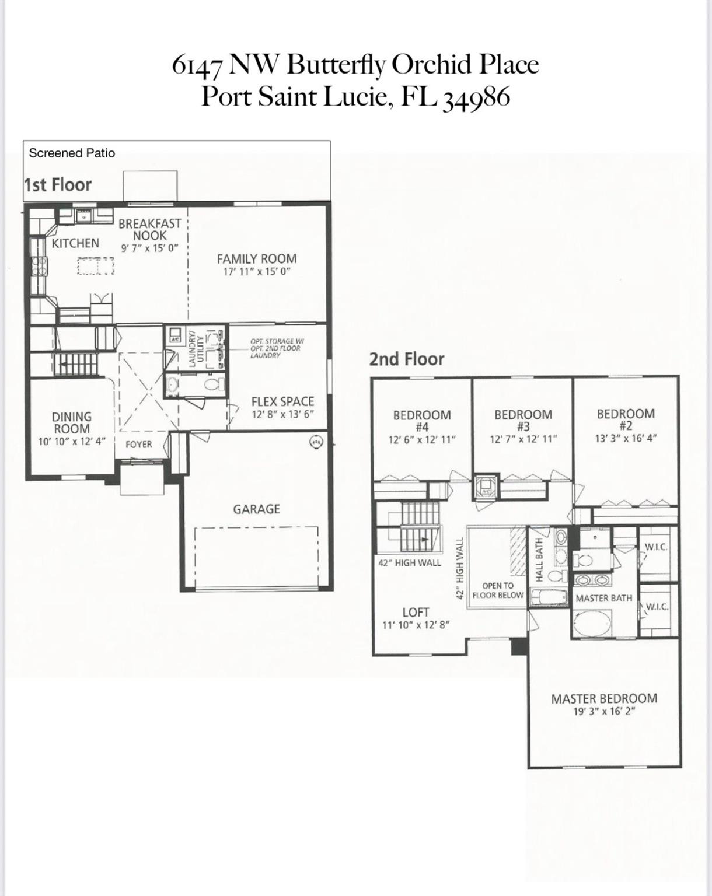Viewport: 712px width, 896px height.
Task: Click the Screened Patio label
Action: point(72,153)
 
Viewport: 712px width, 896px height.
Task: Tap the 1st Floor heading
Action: point(58,185)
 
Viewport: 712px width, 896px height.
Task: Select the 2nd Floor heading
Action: point(406,359)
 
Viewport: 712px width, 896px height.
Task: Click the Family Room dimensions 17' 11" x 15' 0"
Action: point(257,272)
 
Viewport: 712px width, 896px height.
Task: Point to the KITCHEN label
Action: point(75,243)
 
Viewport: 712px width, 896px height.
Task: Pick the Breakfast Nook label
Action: point(150,230)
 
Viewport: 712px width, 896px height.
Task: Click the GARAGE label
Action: point(256,509)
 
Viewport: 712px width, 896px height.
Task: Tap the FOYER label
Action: point(139,444)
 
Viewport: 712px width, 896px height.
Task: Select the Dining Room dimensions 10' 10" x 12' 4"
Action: point(71,442)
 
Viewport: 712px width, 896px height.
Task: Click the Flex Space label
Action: point(282,401)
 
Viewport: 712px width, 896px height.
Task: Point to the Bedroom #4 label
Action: point(421,421)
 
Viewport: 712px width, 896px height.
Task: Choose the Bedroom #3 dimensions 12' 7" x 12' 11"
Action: point(523,439)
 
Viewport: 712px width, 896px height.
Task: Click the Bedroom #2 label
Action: point(626,419)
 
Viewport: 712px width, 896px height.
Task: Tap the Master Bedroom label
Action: point(604,698)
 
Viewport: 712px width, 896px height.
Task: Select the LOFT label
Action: point(416,612)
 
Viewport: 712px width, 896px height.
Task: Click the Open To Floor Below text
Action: point(498,590)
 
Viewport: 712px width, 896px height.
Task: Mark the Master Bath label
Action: point(603,598)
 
